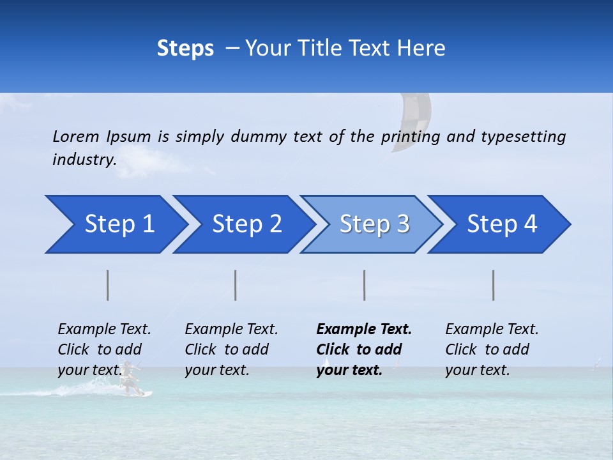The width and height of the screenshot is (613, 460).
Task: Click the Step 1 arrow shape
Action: click(x=119, y=224)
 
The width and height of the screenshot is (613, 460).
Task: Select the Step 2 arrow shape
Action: click(x=246, y=224)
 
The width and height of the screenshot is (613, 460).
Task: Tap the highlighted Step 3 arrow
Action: click(x=374, y=224)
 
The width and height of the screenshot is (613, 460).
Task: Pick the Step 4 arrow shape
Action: click(x=502, y=224)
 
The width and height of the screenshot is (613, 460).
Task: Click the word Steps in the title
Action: click(x=185, y=49)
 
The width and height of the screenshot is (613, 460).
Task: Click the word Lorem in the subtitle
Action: click(x=76, y=136)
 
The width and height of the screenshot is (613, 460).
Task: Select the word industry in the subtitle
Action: click(x=84, y=160)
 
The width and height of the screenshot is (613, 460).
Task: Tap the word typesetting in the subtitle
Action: click(x=523, y=136)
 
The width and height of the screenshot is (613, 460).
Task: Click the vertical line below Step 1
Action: click(x=108, y=285)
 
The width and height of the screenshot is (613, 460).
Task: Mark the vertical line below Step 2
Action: click(x=236, y=285)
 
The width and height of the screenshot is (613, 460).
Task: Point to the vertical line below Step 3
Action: click(x=364, y=285)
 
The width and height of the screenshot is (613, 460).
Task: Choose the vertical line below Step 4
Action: click(x=494, y=285)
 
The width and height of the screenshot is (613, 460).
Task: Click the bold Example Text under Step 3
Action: click(x=364, y=330)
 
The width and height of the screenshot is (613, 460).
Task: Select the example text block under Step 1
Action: click(x=104, y=349)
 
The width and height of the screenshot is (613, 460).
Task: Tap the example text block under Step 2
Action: click(x=231, y=349)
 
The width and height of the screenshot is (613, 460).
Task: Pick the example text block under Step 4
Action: click(x=492, y=349)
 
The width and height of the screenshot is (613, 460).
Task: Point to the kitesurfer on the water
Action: click(x=130, y=378)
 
